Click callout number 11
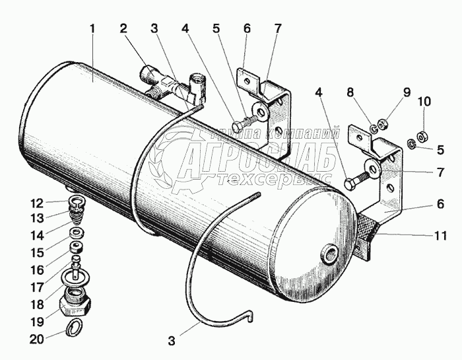coord(440,235)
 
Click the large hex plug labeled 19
coord(75,303)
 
